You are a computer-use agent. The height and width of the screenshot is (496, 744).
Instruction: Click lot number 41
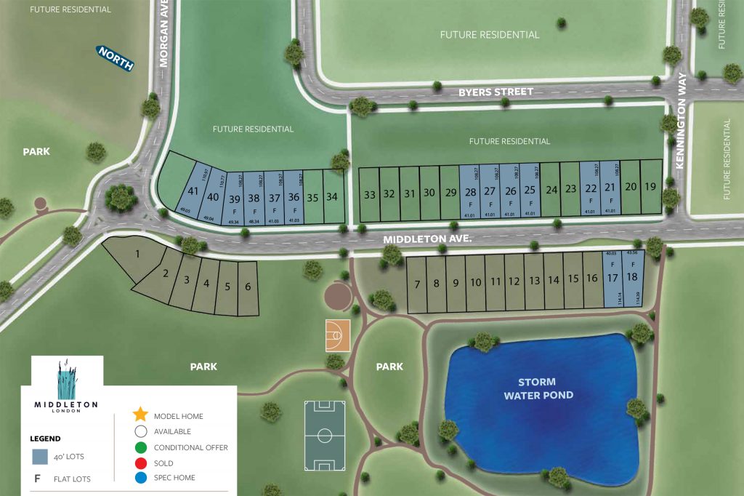(x=193, y=191)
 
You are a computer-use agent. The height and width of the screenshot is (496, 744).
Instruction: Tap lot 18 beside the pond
(x=631, y=277)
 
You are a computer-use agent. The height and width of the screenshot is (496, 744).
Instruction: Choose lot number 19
(x=650, y=186)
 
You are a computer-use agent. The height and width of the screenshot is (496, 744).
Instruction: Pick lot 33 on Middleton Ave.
(x=370, y=194)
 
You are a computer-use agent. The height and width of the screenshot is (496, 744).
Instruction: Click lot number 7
(x=417, y=284)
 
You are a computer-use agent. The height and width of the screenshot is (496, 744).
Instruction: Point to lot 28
(x=470, y=191)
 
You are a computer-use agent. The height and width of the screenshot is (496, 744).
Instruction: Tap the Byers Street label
(x=496, y=92)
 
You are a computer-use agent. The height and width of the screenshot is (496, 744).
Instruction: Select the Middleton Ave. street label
(x=429, y=238)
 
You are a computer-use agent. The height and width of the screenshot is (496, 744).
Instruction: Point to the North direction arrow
(x=116, y=58)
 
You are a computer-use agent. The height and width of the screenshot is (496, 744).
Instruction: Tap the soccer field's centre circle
(x=325, y=436)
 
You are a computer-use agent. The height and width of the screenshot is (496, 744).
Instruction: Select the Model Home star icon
(x=140, y=415)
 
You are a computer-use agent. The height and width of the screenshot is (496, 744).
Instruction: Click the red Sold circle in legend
(x=140, y=463)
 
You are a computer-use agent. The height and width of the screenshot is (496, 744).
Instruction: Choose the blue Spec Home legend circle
(x=140, y=478)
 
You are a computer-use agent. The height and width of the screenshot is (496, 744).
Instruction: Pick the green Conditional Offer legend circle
(x=140, y=447)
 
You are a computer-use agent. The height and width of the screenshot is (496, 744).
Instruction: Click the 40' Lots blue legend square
(x=40, y=457)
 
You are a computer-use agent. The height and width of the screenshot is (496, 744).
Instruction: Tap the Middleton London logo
(x=66, y=386)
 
